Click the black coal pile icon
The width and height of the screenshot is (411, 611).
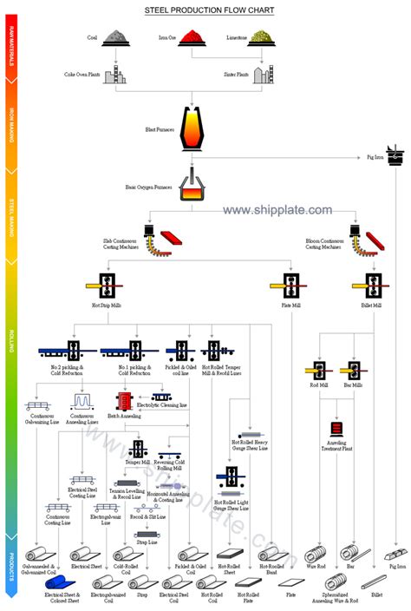[x=115, y=36]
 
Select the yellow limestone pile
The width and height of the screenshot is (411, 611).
[x=264, y=36]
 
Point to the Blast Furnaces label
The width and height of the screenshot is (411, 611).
[x=160, y=129]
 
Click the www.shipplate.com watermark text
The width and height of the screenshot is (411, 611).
[x=277, y=210]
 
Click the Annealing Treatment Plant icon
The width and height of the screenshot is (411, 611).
[x=336, y=428]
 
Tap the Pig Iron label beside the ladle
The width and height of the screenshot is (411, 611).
[x=374, y=157]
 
